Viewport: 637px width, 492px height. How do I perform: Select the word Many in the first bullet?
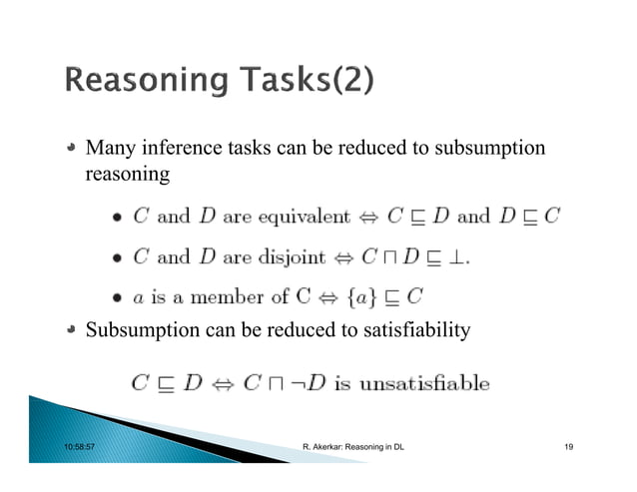pyautogui.click(x=108, y=149)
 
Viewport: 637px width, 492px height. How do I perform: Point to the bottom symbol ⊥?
pyautogui.click(x=459, y=256)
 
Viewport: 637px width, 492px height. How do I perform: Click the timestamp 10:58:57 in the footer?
pyautogui.click(x=80, y=446)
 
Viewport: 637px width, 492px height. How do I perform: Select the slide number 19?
pyautogui.click(x=568, y=446)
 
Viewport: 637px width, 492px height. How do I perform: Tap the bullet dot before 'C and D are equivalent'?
pyautogui.click(x=118, y=217)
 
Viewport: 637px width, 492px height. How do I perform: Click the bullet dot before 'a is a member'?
pyautogui.click(x=118, y=296)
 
